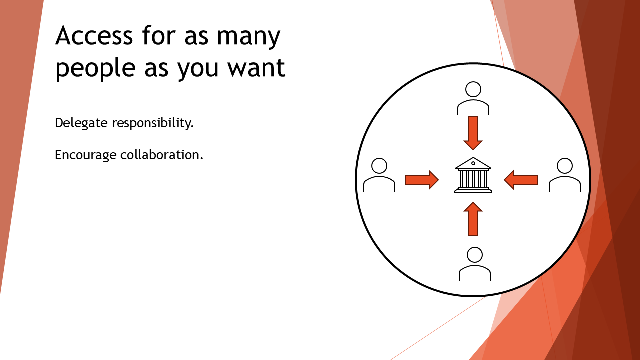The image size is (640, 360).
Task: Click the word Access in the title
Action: coord(94,35)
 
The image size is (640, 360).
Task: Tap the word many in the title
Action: coord(249,37)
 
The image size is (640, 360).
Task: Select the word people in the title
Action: coord(95,69)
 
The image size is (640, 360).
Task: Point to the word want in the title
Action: coord(257,68)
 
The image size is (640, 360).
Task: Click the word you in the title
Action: coord(198,69)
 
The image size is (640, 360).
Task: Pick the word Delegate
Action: coord(81,123)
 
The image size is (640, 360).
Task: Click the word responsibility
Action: coord(153,123)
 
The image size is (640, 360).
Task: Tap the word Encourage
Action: coord(86,155)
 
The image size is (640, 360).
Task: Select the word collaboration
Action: coord(162,154)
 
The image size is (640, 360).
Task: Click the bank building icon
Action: coord(473,175)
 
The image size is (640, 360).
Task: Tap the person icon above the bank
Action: coord(473,98)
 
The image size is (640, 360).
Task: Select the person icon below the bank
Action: coord(475,264)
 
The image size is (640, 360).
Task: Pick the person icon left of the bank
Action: coord(379,175)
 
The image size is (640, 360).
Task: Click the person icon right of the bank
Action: coord(565,175)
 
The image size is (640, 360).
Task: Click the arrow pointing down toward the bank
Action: coord(473,133)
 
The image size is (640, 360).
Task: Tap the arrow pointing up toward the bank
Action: coord(473,219)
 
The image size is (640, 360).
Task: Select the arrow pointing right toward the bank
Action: coord(422,180)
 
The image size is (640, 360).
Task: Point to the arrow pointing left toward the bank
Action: coord(521,180)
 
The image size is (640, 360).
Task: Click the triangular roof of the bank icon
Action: coord(473,163)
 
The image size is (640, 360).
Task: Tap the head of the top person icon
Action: coord(473,89)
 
